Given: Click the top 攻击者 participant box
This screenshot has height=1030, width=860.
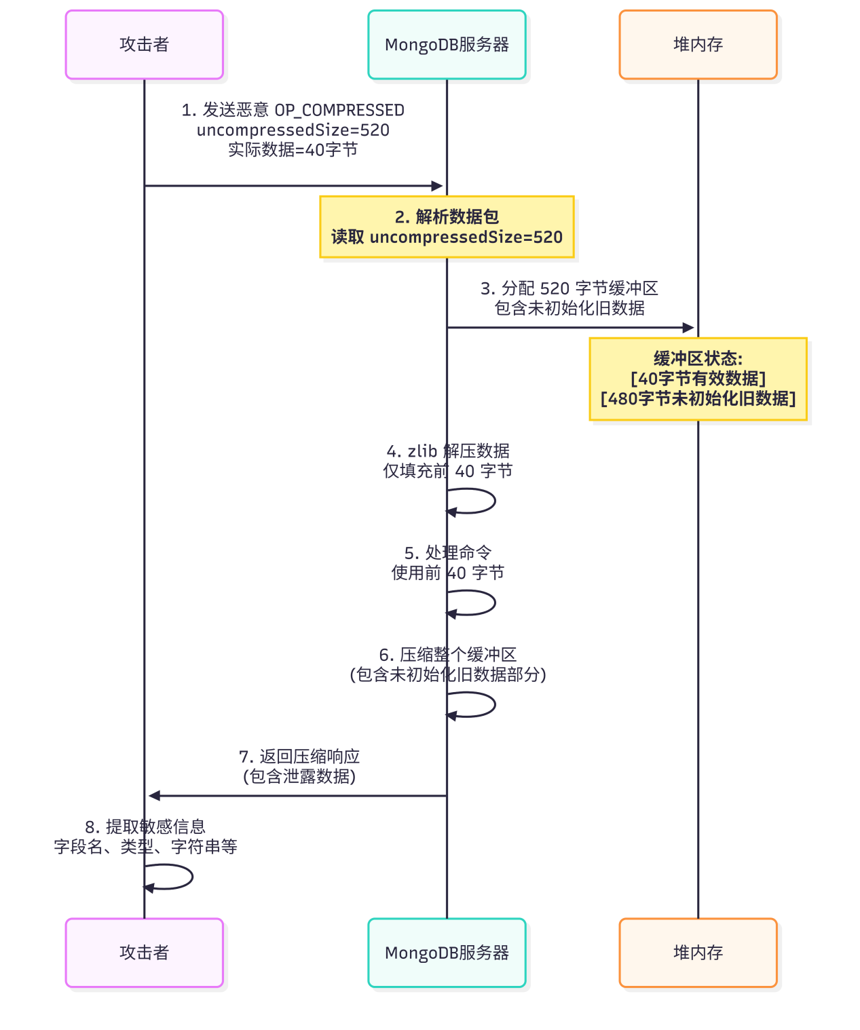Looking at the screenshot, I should (144, 45).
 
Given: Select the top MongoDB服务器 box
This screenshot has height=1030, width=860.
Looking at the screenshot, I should (447, 45).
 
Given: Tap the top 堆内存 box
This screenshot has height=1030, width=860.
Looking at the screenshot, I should (698, 45).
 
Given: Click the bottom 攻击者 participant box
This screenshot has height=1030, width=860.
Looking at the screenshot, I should (144, 953).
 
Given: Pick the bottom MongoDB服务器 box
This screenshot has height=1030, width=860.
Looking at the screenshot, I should (447, 953).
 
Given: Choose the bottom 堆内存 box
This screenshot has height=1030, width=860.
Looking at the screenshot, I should (698, 953).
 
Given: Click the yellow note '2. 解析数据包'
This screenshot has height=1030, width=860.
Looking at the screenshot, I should (447, 227).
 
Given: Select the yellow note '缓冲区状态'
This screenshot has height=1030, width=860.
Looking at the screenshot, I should (698, 379).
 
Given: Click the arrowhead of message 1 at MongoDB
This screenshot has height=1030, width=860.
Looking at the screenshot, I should (437, 186).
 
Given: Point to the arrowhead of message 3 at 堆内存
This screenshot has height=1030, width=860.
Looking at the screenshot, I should (688, 328).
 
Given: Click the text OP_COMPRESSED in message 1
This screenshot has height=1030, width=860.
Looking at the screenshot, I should (339, 111).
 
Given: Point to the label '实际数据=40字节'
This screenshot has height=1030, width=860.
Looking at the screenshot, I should (293, 150).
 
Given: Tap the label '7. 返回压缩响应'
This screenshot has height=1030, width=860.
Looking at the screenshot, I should (299, 757).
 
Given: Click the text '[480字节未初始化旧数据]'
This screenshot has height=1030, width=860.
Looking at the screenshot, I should (698, 399).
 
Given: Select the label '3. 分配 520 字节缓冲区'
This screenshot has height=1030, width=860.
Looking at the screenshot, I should (569, 288).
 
